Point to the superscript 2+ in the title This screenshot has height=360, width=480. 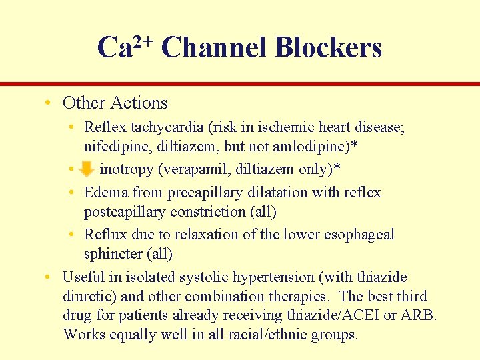tap(143, 41)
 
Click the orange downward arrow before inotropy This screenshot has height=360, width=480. tap(87, 170)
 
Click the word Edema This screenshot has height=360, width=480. tap(107, 193)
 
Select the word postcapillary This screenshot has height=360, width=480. tap(125, 212)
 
